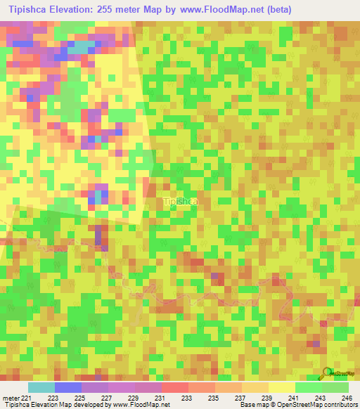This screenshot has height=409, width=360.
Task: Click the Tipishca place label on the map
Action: tap(180, 202)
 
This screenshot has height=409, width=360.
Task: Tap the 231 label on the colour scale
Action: tap(161, 398)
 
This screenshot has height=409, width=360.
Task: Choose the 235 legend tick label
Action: tap(214, 398)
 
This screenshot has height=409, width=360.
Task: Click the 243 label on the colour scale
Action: tap(321, 398)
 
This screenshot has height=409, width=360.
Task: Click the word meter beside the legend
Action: tap(11, 398)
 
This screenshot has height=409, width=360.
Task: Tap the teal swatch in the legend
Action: tap(41, 387)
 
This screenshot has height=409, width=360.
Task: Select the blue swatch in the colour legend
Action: tap(67, 387)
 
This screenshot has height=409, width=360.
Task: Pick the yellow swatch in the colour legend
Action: tap(281, 387)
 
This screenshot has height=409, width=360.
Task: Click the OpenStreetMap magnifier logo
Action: tap(326, 373)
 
